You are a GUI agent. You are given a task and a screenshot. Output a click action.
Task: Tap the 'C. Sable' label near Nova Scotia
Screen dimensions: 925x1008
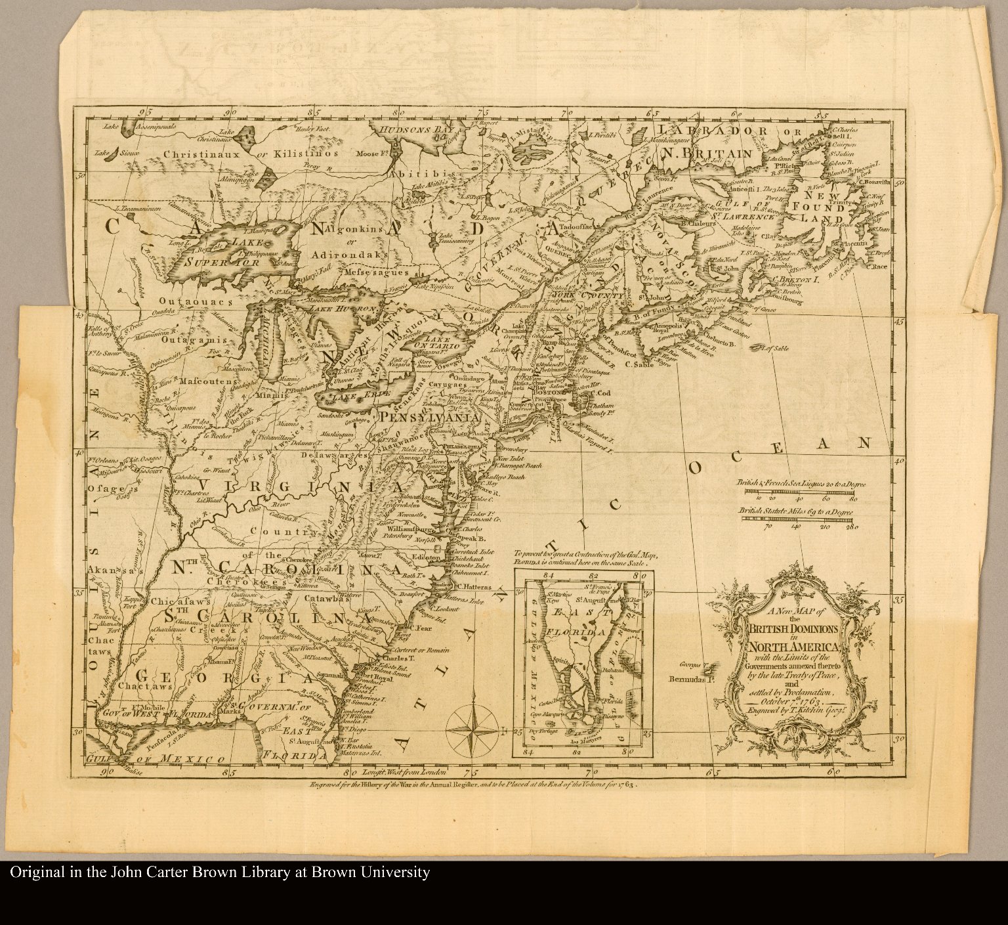(x=637, y=364)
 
